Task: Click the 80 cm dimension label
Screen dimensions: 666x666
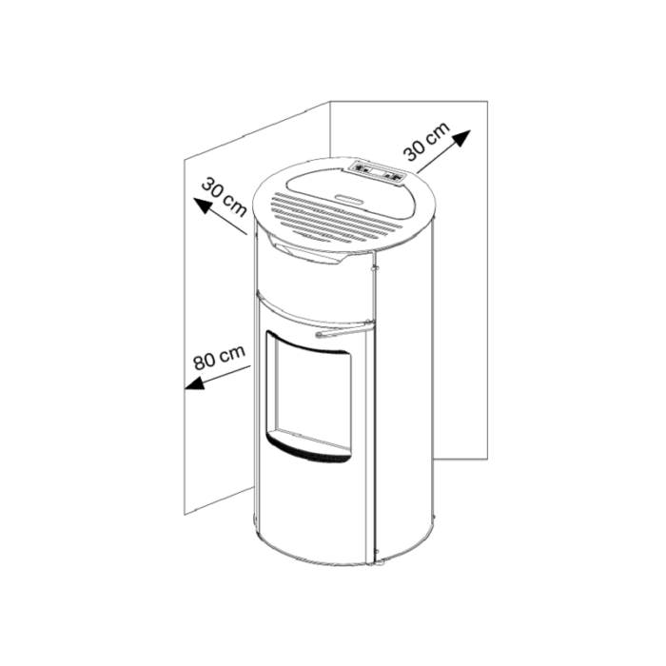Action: click(x=219, y=357)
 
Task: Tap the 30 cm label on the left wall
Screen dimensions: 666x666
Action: click(x=224, y=198)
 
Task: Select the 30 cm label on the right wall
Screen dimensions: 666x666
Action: click(x=426, y=142)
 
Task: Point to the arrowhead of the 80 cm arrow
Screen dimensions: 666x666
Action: click(x=194, y=383)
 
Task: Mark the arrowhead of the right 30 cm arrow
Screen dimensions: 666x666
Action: click(x=462, y=137)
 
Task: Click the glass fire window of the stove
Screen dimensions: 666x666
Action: click(x=313, y=394)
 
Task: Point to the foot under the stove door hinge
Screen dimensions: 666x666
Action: click(x=377, y=563)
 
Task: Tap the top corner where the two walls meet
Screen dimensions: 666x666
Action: click(x=330, y=101)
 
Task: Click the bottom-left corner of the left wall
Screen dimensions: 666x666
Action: click(x=185, y=516)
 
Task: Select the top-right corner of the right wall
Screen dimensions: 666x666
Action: click(x=487, y=101)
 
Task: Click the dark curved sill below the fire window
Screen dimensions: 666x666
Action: click(x=309, y=451)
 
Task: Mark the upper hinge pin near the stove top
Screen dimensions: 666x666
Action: click(x=374, y=266)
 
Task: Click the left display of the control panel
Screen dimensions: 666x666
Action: click(x=362, y=166)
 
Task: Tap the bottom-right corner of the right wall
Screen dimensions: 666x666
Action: click(x=487, y=459)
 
